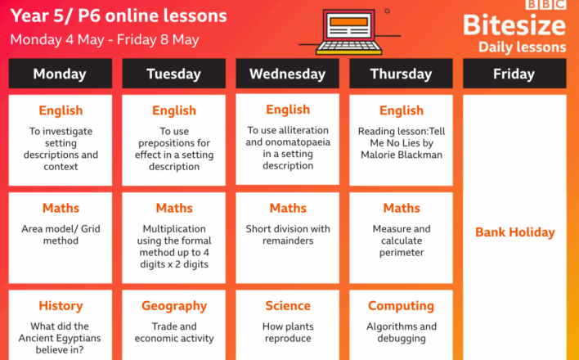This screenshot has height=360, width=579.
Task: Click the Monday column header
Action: click(61, 74)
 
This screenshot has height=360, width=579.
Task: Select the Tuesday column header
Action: click(173, 74)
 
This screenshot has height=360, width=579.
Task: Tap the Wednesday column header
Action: click(287, 74)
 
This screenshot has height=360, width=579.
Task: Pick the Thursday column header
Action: click(401, 74)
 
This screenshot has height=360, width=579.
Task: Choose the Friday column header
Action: click(514, 74)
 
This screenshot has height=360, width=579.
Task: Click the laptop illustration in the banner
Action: click(349, 32)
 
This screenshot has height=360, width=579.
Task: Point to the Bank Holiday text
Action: click(514, 232)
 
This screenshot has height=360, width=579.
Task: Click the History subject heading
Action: click(61, 306)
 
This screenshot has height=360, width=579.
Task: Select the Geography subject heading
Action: click(174, 306)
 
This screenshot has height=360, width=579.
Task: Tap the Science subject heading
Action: click(288, 306)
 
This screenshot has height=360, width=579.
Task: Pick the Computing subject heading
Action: click(401, 306)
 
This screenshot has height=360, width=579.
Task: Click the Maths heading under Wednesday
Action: click(288, 208)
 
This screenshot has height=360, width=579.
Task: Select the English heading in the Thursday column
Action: click(402, 110)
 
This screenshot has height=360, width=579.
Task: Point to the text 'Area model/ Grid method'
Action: click(61, 235)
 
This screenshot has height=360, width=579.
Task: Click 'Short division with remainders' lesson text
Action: click(288, 235)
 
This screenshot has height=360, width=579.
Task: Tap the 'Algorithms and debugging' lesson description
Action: click(402, 332)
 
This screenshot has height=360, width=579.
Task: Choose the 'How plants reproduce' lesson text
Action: click(288, 332)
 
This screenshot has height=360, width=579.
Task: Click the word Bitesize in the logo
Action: click(514, 25)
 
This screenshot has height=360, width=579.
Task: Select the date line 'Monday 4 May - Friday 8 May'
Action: click(105, 39)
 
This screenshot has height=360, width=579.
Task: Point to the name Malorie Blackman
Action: click(402, 155)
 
